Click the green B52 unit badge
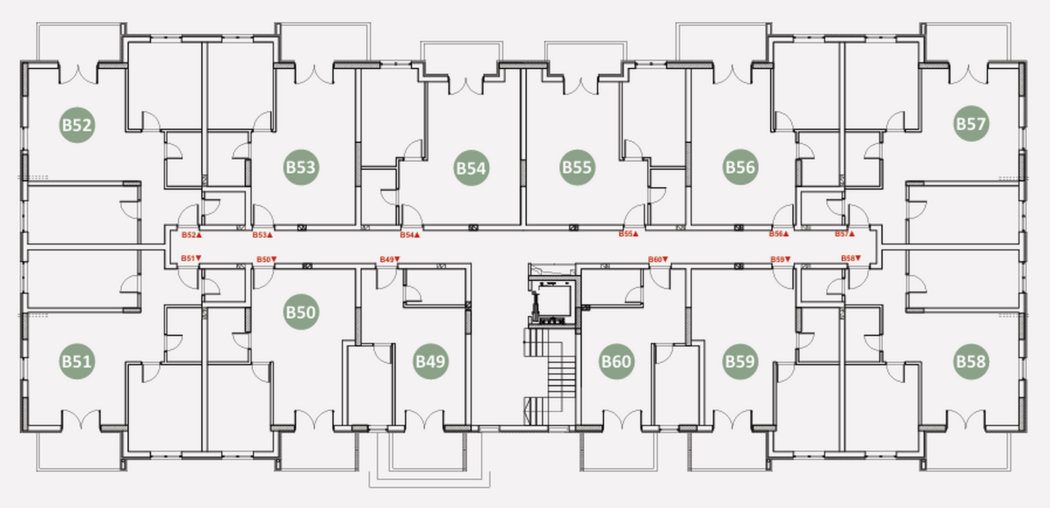pos(77,125)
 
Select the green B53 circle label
pos(301,167)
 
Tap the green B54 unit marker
pos(471,168)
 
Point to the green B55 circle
pos(577,167)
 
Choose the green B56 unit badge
pos(740,167)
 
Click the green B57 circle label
pos(971,124)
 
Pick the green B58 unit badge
pos(971,361)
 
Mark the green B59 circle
pos(740,361)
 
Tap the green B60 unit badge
pos(616,361)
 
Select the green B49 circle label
pos(430,361)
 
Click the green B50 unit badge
pos(301,312)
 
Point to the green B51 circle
pos(77,361)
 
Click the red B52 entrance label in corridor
pos(192,235)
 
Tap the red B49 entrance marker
pos(390,259)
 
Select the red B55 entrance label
pos(629,234)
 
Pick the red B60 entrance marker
pos(658,259)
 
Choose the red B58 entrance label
pos(851,259)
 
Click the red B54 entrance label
pos(410,235)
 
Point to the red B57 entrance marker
pos(844,234)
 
